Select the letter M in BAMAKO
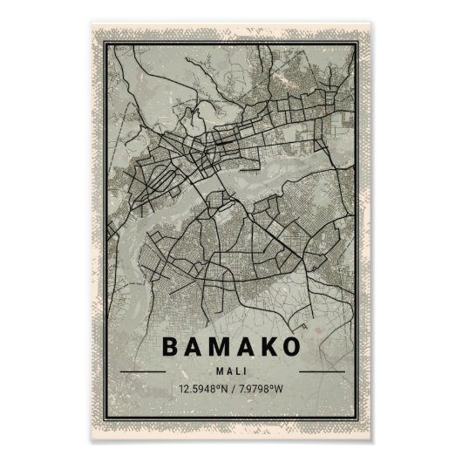[221, 346]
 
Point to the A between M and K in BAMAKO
[246, 346]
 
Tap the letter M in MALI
[219, 370]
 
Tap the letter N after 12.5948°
[222, 388]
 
